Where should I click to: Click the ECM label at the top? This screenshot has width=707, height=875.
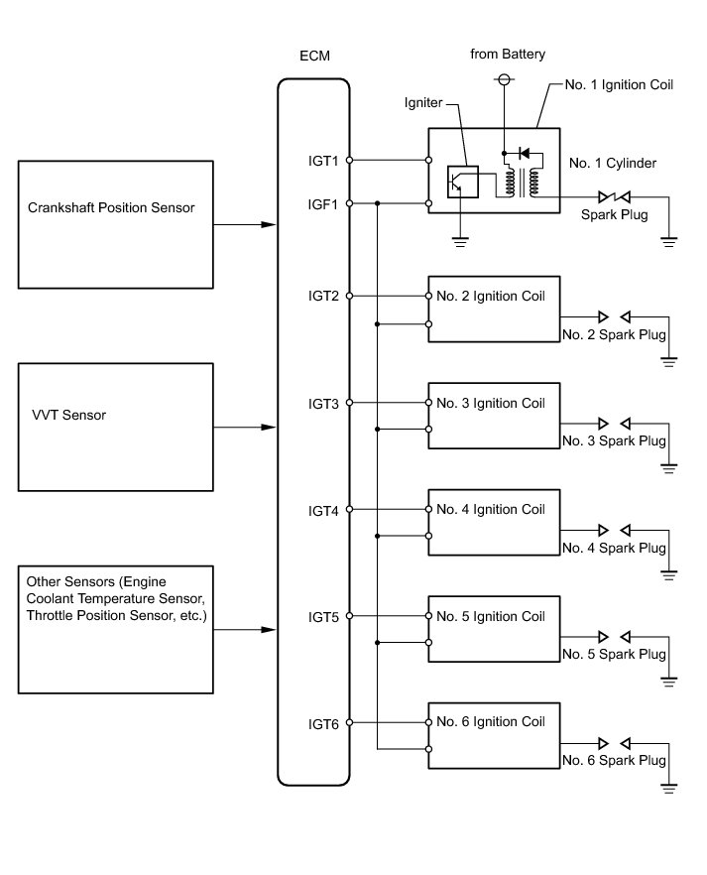tap(313, 57)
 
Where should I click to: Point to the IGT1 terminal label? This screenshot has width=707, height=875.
tap(323, 160)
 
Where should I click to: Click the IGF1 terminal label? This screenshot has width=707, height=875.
tap(323, 204)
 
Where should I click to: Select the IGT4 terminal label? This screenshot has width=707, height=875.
tap(323, 511)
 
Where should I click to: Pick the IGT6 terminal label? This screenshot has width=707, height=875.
tap(323, 725)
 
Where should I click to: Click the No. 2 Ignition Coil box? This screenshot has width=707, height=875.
tap(493, 309)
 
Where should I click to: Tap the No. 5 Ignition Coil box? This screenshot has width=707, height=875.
tap(493, 630)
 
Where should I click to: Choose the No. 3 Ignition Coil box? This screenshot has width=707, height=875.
tap(493, 416)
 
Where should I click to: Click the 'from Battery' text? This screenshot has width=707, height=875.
tap(508, 55)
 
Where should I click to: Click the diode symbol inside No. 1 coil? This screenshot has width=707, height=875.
tap(524, 155)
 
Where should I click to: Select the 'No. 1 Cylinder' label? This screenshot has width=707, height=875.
tap(613, 163)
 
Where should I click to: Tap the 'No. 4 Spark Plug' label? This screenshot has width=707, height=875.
tap(613, 548)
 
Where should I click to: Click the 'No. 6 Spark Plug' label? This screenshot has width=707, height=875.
tap(613, 762)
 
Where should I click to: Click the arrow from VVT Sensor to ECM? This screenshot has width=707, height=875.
tap(244, 428)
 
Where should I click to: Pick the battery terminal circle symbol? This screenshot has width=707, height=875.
tap(504, 78)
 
